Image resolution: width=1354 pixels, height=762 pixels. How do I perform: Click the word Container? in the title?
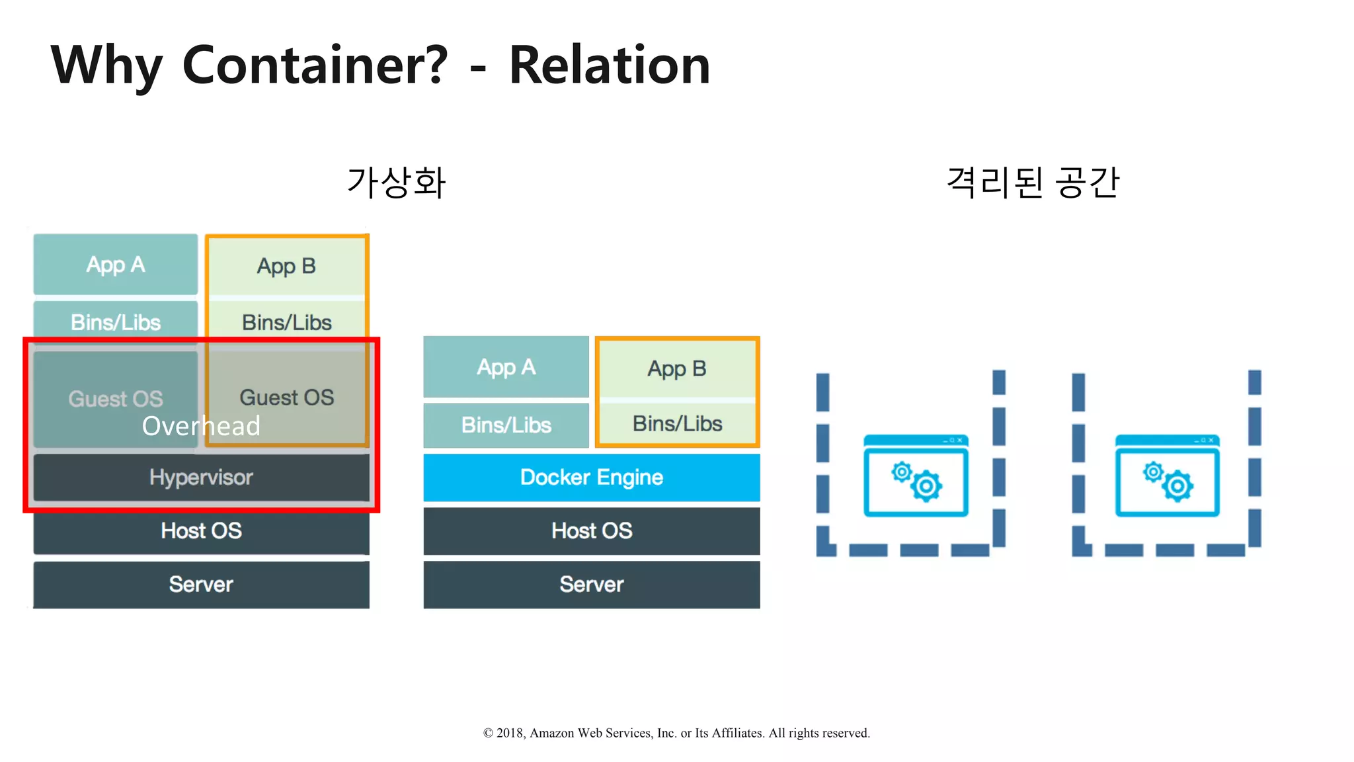click(315, 65)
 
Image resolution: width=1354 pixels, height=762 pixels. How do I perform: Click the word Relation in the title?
click(609, 65)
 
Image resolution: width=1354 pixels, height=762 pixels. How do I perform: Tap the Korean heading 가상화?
click(397, 183)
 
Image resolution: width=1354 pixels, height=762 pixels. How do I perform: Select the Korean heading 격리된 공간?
click(1033, 183)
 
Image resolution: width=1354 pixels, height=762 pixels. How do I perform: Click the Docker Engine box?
click(592, 477)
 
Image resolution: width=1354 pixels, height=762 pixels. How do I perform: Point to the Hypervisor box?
click(201, 477)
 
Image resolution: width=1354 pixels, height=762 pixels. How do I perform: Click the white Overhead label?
click(201, 426)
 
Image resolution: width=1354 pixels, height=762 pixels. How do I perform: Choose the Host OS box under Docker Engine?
click(592, 530)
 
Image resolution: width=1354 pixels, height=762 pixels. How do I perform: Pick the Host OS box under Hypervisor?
click(201, 530)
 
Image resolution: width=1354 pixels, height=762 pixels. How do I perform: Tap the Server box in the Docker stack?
click(592, 584)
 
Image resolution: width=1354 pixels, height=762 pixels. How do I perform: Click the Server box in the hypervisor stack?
click(201, 584)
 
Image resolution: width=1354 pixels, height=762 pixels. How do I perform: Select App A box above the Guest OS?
click(116, 265)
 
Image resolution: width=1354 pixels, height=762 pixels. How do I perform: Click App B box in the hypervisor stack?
click(286, 266)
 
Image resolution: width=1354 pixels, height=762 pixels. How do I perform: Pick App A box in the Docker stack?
click(506, 367)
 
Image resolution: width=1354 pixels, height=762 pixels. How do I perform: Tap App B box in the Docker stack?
click(677, 368)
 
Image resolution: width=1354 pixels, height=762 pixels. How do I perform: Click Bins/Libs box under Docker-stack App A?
click(506, 425)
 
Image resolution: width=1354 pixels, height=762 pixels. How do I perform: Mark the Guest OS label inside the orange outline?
click(286, 397)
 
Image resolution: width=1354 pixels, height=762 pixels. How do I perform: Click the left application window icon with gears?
click(916, 476)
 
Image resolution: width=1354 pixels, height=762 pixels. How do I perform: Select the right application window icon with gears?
click(1167, 476)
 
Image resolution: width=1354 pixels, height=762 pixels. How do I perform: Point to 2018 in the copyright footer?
click(510, 733)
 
